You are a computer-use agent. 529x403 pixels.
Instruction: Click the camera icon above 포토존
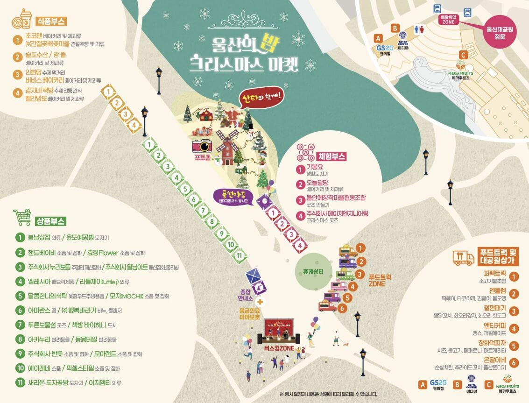pyautogui.click(x=202, y=146)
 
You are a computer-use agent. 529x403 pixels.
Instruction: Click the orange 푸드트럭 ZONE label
pyautogui.click(x=380, y=280)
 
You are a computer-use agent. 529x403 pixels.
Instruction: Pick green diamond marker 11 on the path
pyautogui.click(x=239, y=255)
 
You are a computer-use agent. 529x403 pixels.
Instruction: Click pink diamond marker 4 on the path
pyautogui.click(x=300, y=245)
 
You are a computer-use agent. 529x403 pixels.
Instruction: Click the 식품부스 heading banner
pyautogui.click(x=51, y=21)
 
